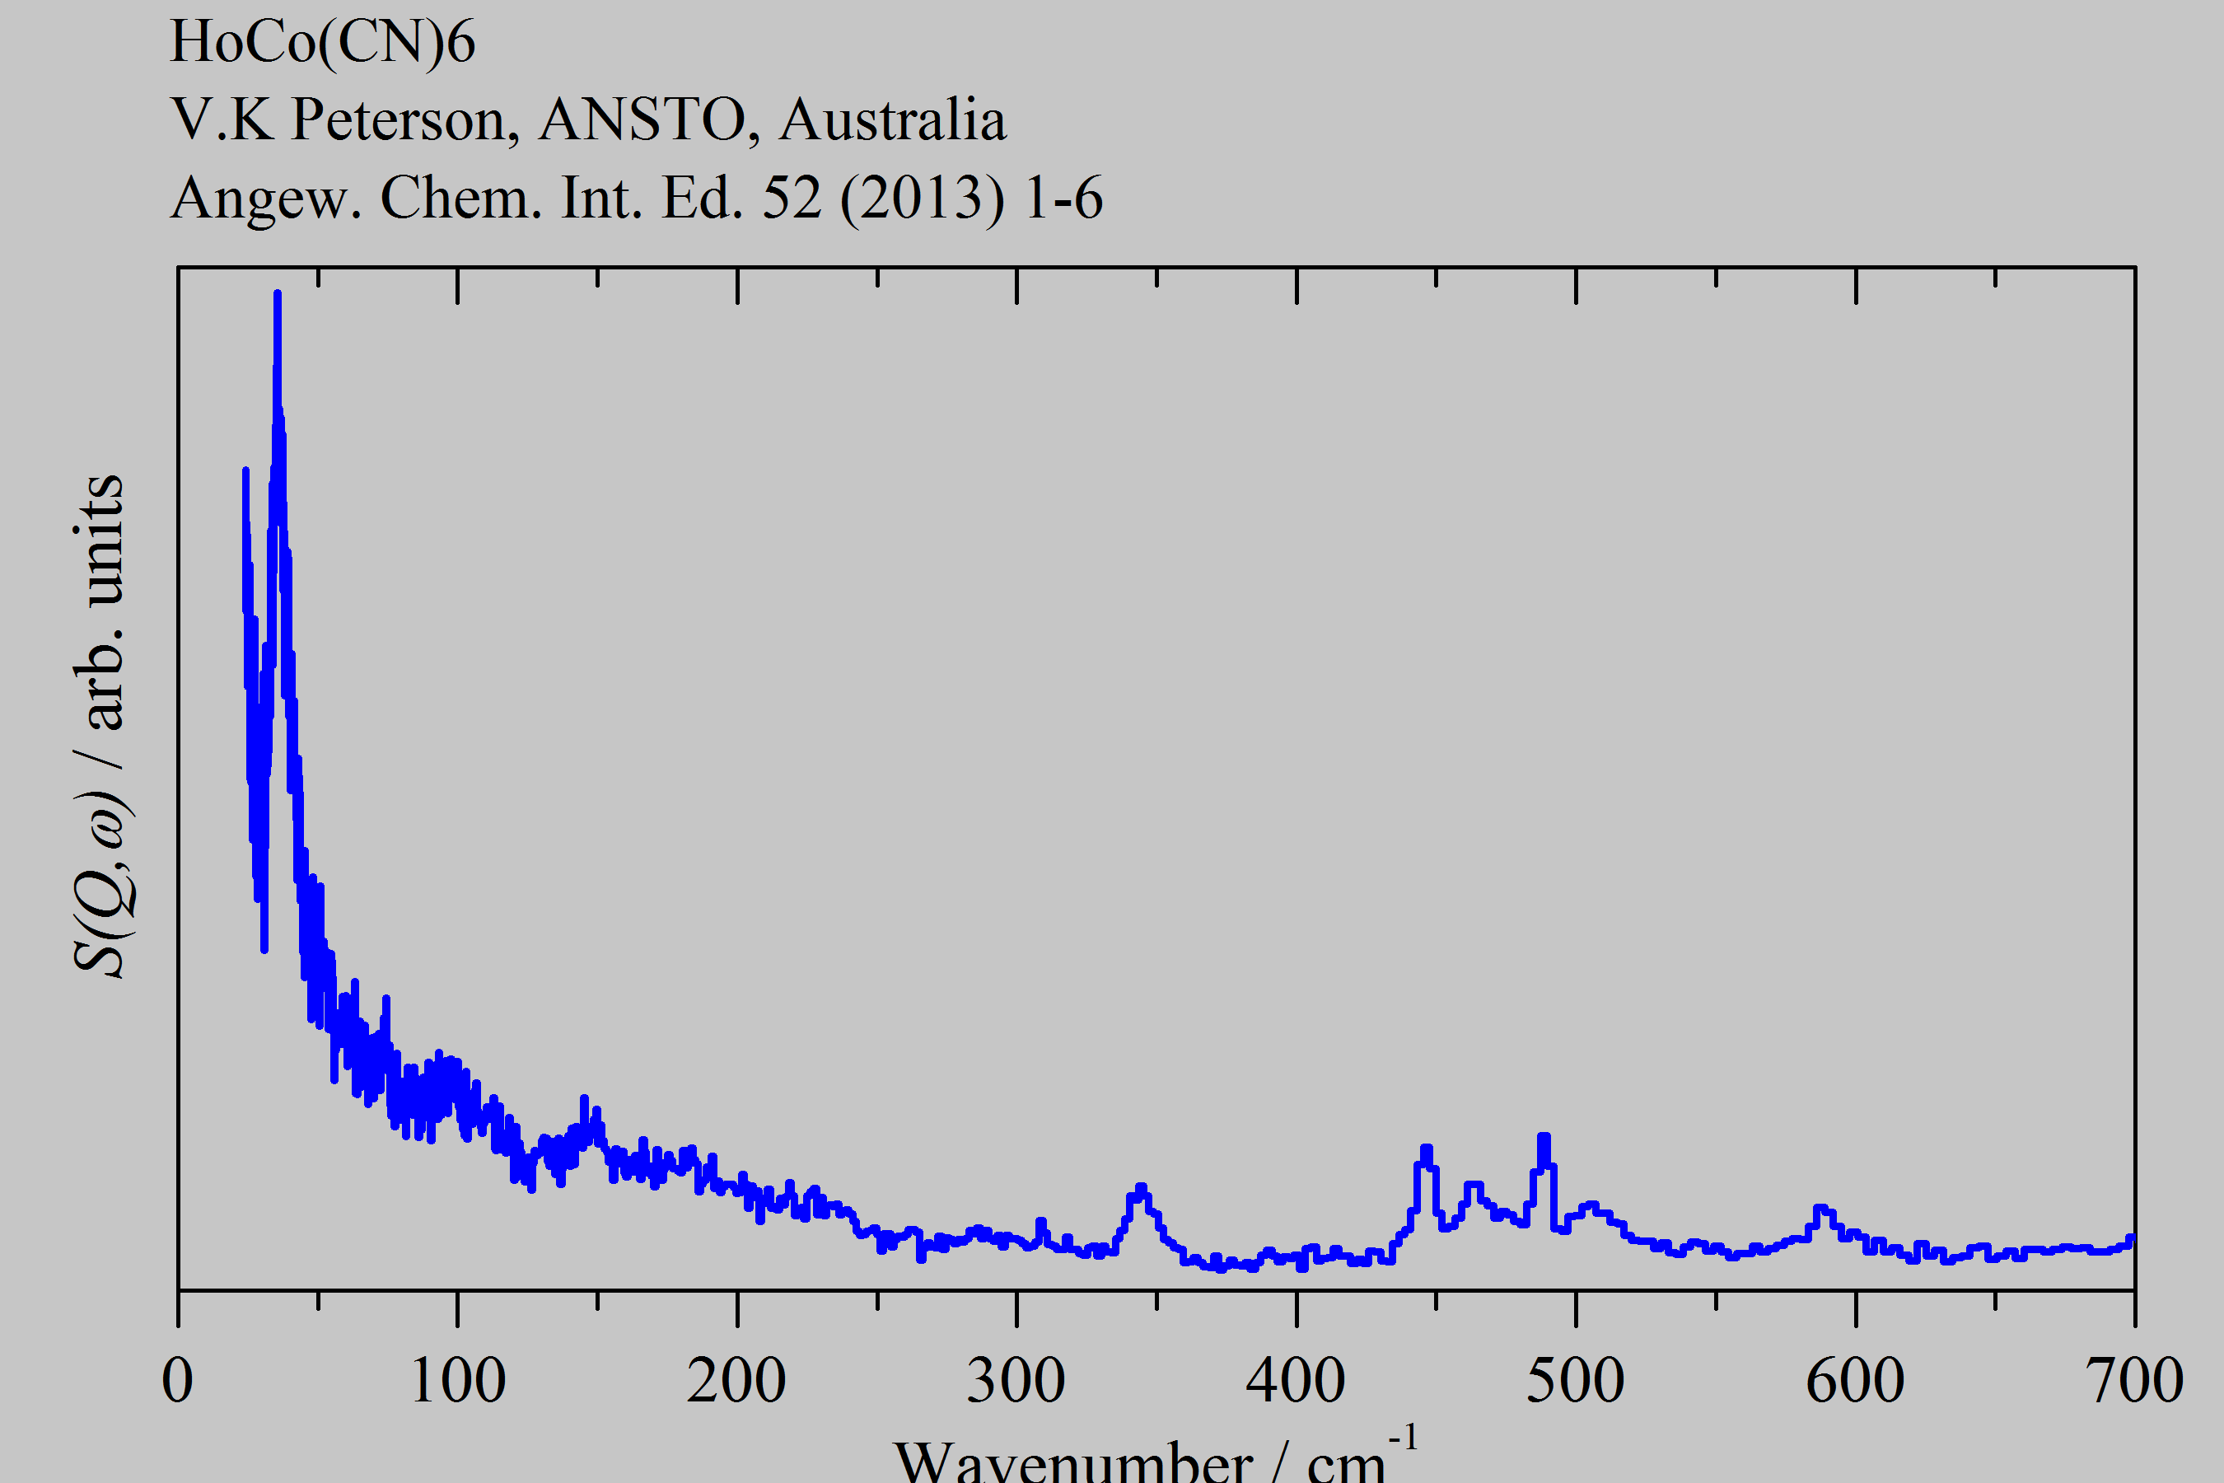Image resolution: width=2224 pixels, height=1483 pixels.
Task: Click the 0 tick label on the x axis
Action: click(178, 1382)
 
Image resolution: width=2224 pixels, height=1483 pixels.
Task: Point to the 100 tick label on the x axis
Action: click(458, 1382)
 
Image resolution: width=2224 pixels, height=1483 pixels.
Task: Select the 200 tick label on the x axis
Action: click(736, 1382)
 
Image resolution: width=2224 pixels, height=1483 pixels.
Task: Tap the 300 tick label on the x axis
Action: click(1016, 1382)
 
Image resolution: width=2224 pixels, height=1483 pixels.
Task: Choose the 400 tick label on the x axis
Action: click(1296, 1382)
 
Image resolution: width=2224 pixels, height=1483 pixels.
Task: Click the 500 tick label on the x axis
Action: click(1575, 1382)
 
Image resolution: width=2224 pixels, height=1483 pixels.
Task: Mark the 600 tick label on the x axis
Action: click(1855, 1382)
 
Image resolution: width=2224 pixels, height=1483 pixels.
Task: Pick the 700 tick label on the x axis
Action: click(2134, 1382)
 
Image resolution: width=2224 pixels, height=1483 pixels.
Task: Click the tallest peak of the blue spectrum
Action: click(277, 295)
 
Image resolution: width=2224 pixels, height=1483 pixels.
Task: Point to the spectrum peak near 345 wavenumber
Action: click(1140, 1188)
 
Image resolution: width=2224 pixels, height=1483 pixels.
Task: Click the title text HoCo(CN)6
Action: click(322, 43)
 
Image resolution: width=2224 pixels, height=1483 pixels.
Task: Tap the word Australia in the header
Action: click(893, 120)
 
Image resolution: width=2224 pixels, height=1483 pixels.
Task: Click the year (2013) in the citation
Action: click(922, 199)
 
